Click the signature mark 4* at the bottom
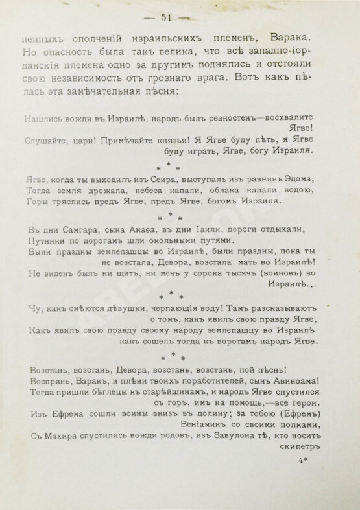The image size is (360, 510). click(x=301, y=461)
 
